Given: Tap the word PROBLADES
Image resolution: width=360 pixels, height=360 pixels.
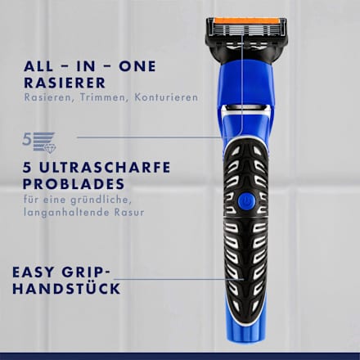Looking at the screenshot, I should click(65, 183).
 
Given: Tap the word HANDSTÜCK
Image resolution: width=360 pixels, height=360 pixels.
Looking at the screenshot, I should click(72, 289).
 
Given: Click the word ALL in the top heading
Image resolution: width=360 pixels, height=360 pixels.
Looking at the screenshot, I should click(38, 65).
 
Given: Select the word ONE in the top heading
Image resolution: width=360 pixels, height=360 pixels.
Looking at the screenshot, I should click(140, 65).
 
